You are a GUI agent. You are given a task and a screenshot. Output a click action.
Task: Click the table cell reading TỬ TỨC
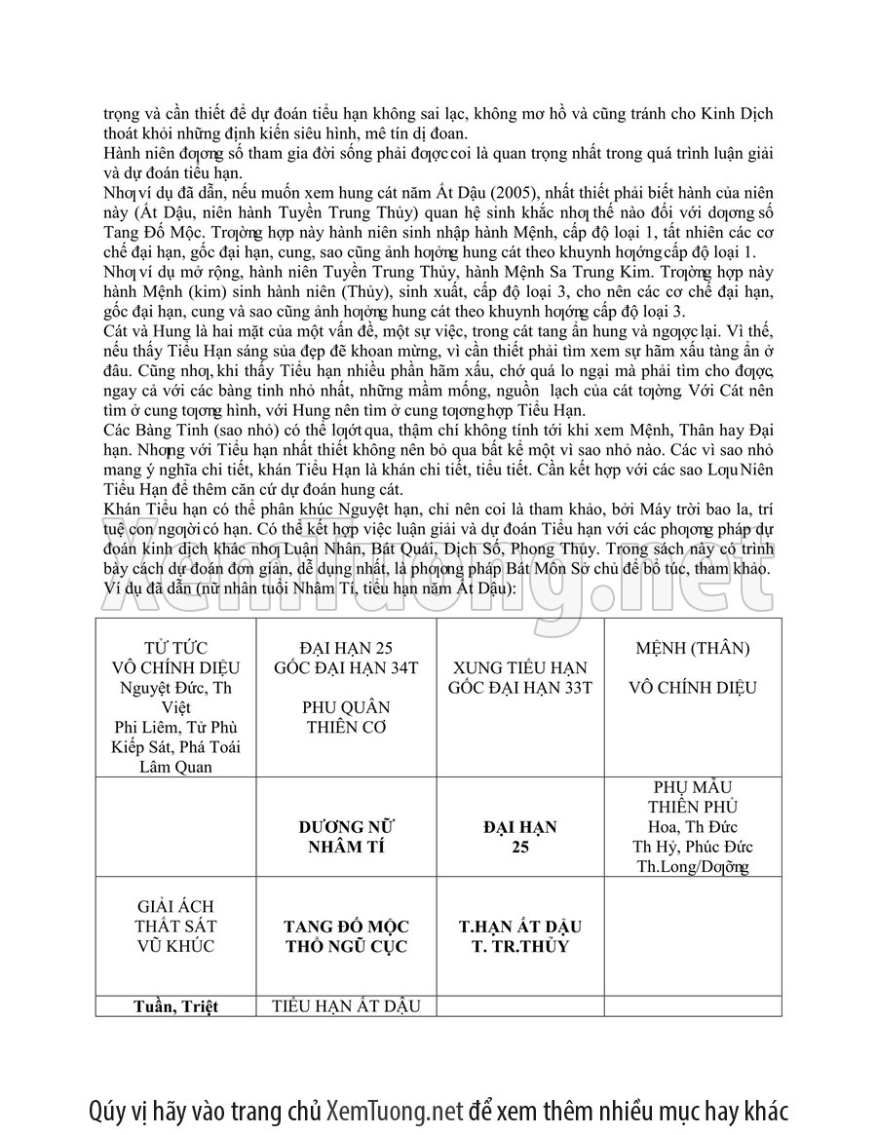[x=175, y=648]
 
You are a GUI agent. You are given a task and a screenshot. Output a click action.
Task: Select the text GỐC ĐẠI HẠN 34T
[x=346, y=667]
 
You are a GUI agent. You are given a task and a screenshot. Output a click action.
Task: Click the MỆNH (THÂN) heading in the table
[x=692, y=648]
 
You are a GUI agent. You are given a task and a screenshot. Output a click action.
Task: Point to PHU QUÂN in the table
[x=346, y=707]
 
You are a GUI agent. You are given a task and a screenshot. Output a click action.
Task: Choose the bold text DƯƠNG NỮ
[x=346, y=827]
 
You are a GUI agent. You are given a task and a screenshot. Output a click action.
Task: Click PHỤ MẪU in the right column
[x=692, y=787]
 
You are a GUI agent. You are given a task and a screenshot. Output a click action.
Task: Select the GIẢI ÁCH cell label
[x=175, y=907]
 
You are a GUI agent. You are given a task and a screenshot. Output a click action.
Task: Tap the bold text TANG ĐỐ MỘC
[x=346, y=927]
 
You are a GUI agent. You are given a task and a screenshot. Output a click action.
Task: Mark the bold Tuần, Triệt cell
[x=175, y=1006]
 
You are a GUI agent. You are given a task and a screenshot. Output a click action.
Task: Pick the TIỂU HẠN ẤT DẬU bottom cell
[x=346, y=1006]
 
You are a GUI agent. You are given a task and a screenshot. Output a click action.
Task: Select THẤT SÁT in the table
[x=175, y=927]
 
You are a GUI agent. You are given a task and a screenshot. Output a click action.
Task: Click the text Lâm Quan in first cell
[x=175, y=767]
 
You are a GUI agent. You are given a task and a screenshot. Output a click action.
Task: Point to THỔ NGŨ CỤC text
[x=346, y=946]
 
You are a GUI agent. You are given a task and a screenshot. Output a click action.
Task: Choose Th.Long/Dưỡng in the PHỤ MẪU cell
[x=692, y=867]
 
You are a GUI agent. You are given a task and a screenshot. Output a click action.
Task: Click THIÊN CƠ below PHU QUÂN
[x=346, y=727]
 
